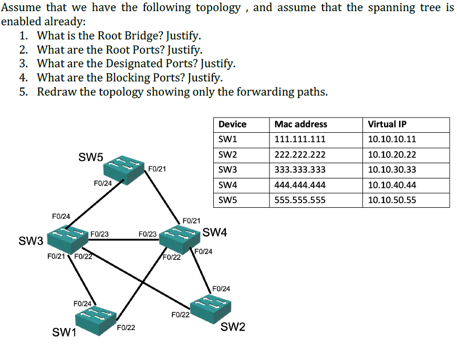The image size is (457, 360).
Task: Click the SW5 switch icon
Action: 124,168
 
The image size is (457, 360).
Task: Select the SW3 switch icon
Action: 67,239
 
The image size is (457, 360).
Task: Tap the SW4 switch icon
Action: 181,238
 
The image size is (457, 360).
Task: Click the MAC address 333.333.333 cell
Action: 300,170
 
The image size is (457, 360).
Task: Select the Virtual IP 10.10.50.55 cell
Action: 392,200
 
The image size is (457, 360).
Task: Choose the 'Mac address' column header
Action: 300,124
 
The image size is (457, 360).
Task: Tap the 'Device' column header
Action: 232,124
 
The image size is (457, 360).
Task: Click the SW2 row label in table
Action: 228,155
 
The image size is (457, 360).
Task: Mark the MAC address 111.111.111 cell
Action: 300,140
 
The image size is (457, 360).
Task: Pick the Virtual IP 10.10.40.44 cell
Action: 392,185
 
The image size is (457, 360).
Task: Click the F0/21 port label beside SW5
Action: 158,168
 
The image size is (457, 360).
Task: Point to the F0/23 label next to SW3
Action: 99,234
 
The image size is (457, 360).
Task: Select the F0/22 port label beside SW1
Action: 126,327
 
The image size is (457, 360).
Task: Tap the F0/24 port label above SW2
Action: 221,289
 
